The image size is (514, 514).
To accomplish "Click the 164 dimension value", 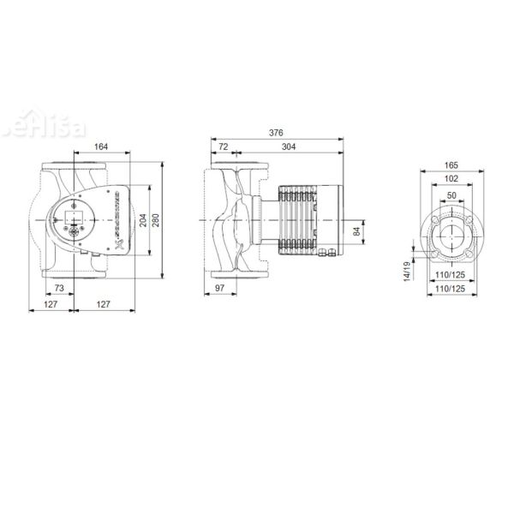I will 100,147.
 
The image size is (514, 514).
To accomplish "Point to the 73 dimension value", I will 59,290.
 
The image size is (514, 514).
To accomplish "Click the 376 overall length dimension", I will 276,133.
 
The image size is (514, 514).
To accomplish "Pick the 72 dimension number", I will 224,147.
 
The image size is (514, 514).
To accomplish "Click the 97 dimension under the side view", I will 219,290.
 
